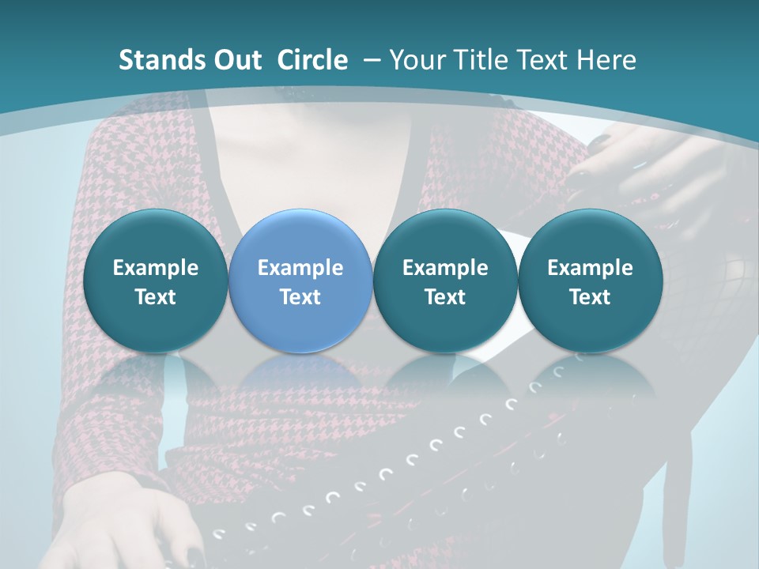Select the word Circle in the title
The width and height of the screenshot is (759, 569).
pyautogui.click(x=312, y=60)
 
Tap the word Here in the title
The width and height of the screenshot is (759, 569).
pyautogui.click(x=606, y=60)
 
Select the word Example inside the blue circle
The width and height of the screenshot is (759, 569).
pyautogui.click(x=300, y=268)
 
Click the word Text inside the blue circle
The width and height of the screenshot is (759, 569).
pyautogui.click(x=300, y=297)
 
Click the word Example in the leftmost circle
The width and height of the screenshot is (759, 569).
pyautogui.click(x=155, y=268)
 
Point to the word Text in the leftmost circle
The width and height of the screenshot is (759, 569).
pyautogui.click(x=155, y=297)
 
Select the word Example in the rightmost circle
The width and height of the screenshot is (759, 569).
pyautogui.click(x=590, y=268)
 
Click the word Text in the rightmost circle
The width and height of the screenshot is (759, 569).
pyautogui.click(x=590, y=297)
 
